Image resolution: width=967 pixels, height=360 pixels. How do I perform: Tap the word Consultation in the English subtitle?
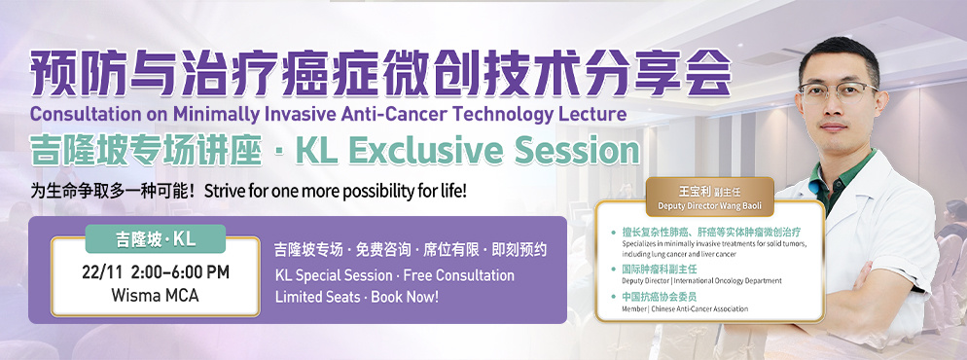click(77, 114)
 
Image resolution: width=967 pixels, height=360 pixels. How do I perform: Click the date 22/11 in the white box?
click(102, 272)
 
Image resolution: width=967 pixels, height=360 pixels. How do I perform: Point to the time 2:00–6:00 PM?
click(180, 272)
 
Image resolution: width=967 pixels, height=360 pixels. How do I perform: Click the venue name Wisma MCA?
click(156, 295)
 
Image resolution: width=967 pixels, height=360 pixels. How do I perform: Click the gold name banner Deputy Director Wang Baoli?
click(709, 197)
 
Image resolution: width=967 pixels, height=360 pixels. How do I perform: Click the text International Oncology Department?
click(726, 281)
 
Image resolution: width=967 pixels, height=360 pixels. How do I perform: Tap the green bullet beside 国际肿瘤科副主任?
click(613, 269)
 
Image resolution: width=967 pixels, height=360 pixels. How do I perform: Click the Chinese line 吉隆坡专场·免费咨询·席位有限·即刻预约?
click(411, 250)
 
